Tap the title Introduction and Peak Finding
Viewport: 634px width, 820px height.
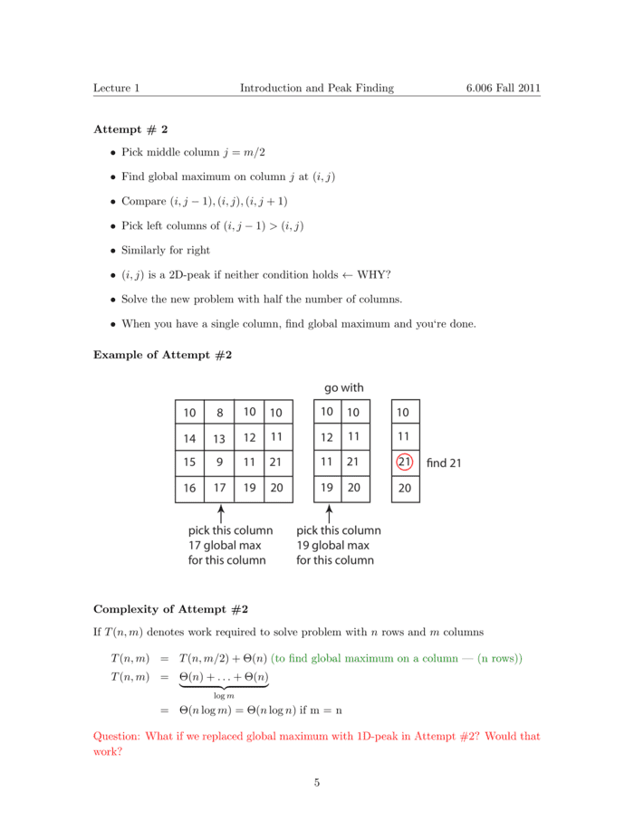click(x=316, y=88)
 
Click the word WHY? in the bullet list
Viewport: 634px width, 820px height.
click(x=374, y=274)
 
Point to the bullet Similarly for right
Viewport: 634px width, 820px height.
click(x=166, y=250)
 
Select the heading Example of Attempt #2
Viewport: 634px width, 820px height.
click(x=163, y=355)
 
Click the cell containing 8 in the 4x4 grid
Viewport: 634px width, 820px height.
click(x=219, y=413)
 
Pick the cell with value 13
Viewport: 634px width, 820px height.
click(x=219, y=438)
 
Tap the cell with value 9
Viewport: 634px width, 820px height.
click(x=219, y=462)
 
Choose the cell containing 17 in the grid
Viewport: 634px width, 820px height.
click(x=219, y=488)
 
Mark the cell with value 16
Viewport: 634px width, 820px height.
click(x=189, y=488)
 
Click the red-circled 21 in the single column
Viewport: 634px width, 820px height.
click(x=404, y=462)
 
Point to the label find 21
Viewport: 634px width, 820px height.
click(x=444, y=463)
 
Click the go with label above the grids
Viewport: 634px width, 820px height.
click(x=344, y=387)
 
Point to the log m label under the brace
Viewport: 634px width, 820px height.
click(x=223, y=695)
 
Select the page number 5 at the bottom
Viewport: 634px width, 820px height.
click(x=317, y=783)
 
